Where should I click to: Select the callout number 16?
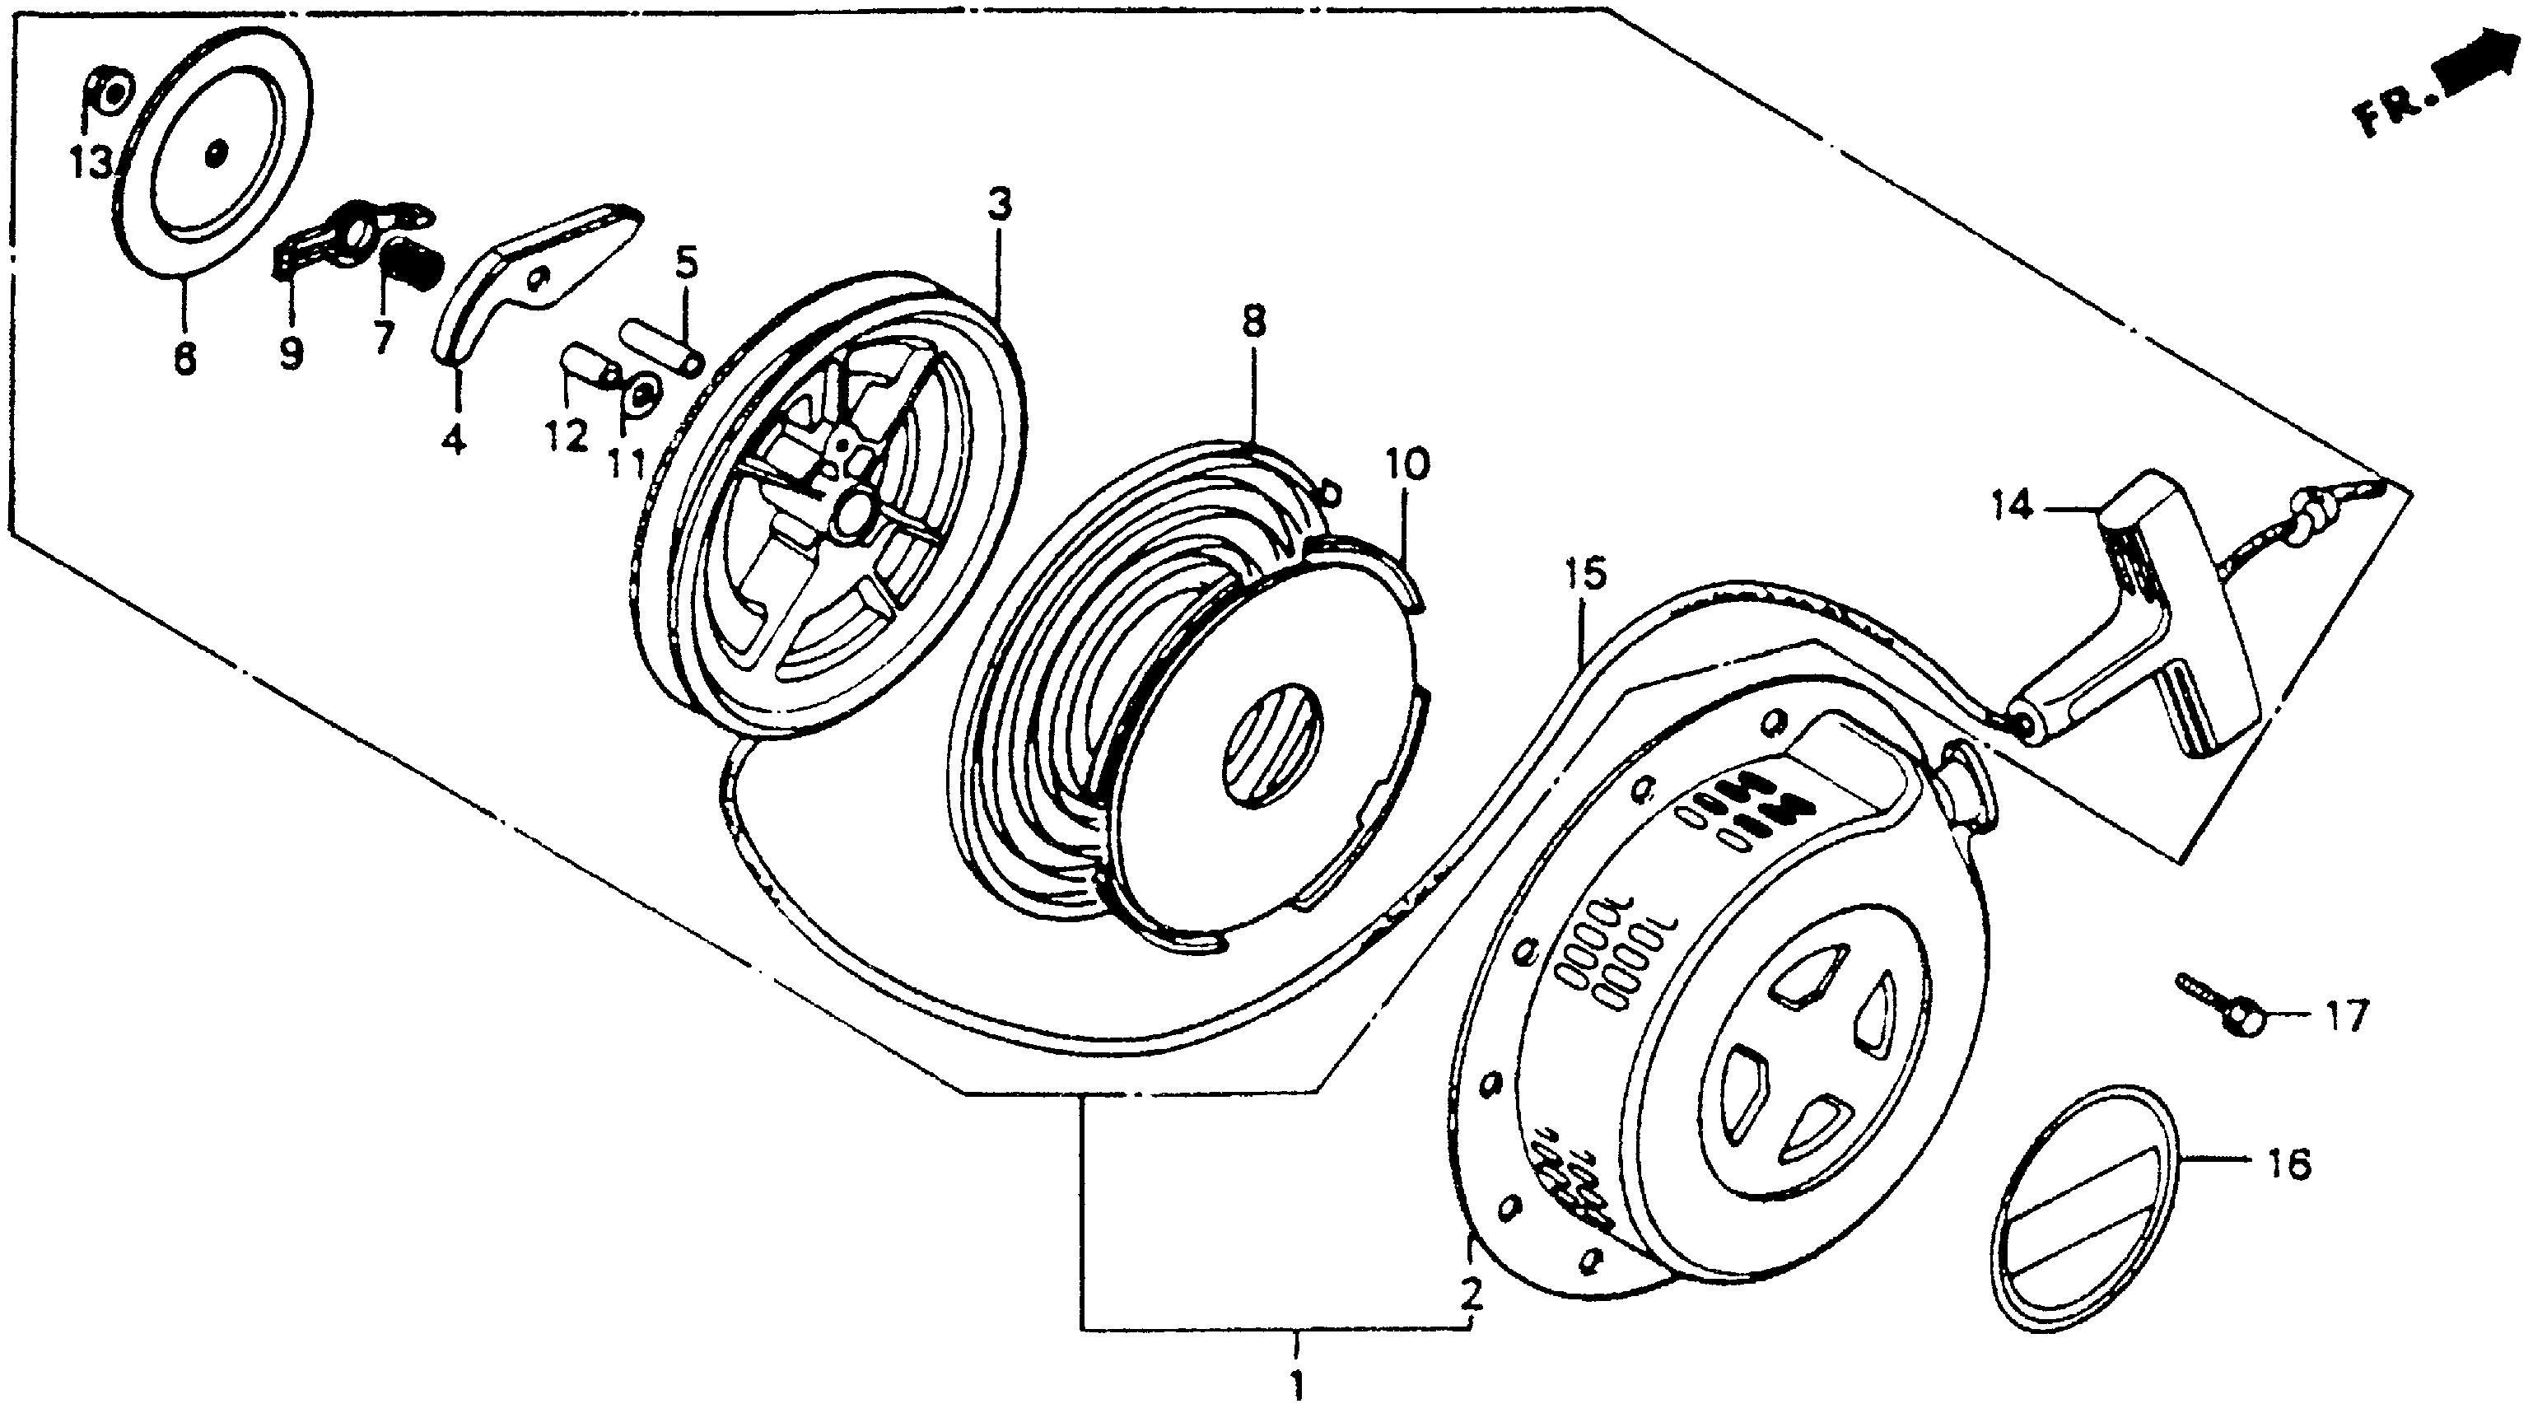pyautogui.click(x=2290, y=1165)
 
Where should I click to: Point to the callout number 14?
pyautogui.click(x=2012, y=507)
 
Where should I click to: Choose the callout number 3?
pyautogui.click(x=999, y=206)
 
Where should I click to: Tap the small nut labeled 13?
pyautogui.click(x=112, y=96)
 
